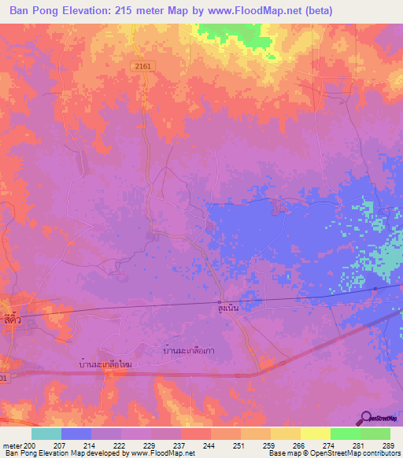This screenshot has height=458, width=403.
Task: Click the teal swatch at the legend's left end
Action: pyautogui.click(x=46, y=434)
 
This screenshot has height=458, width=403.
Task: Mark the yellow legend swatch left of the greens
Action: pyautogui.click(x=316, y=434)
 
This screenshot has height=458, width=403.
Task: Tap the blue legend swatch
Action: pyautogui.click(x=76, y=434)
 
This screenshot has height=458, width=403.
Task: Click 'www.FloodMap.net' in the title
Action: pyautogui.click(x=256, y=11)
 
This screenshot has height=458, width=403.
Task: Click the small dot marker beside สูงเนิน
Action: pyautogui.click(x=220, y=303)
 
